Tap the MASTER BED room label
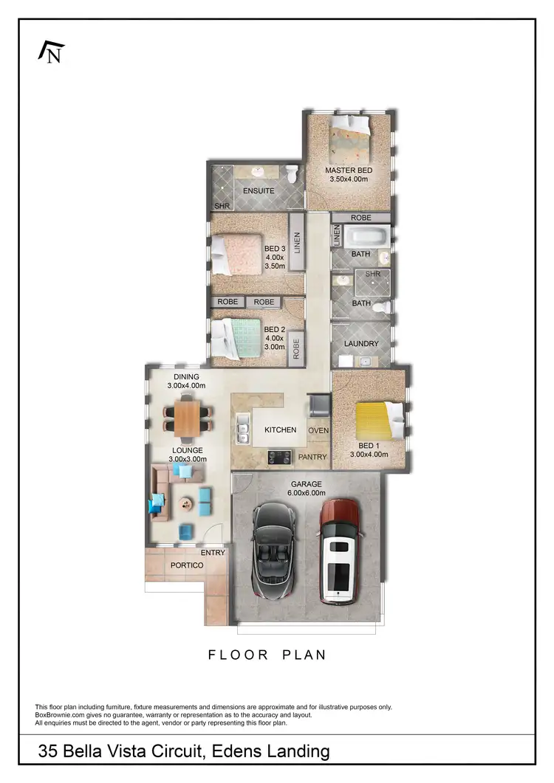click(x=349, y=170)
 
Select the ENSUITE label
click(x=259, y=191)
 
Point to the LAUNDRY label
click(x=361, y=344)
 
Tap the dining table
click(x=187, y=415)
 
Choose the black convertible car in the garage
click(x=273, y=549)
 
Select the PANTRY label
click(x=312, y=457)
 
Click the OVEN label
click(x=318, y=430)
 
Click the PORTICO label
click(x=187, y=565)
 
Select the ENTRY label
click(x=213, y=552)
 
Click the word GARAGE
click(x=306, y=484)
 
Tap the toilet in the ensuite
click(x=292, y=174)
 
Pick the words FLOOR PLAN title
click(x=267, y=655)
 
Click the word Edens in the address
click(x=239, y=752)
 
